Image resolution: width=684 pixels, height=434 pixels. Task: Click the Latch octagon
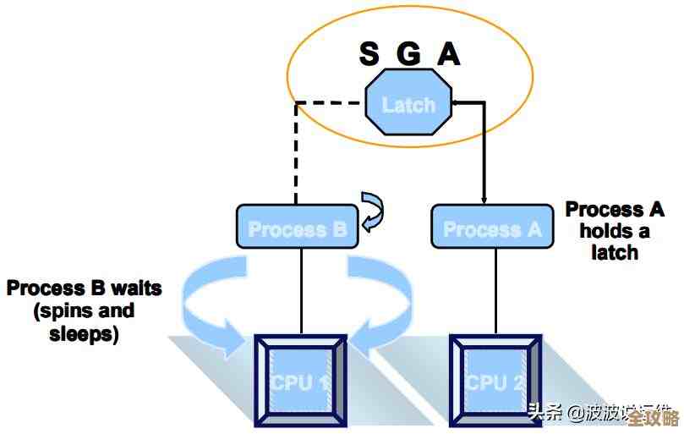(408, 105)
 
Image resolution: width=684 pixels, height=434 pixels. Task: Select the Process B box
(297, 228)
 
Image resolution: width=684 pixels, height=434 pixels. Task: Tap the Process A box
(492, 228)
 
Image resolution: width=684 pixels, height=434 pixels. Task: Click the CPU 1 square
(301, 380)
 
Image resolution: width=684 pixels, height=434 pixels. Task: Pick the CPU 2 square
(495, 380)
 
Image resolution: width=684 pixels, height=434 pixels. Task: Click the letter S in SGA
(369, 54)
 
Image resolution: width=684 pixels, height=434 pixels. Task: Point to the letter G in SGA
(409, 54)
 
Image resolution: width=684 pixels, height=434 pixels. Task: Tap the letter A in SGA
(448, 54)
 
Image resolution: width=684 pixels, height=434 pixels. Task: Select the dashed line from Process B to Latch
(295, 152)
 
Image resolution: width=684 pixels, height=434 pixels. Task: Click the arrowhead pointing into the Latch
(455, 103)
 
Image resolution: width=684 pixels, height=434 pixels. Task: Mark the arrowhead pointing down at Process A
(484, 200)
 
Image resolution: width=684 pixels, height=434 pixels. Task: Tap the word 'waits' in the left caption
(133, 288)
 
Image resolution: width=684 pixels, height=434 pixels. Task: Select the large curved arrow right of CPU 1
(385, 305)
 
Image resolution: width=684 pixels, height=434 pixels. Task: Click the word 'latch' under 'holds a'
(615, 252)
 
